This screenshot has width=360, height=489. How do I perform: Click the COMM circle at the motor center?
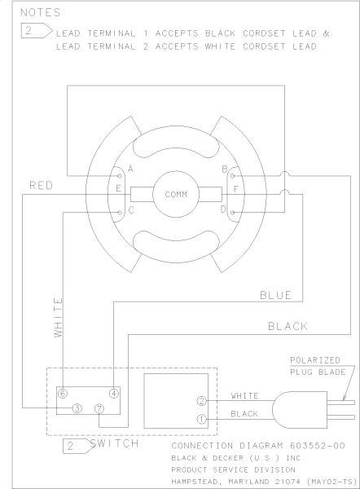pos(176,195)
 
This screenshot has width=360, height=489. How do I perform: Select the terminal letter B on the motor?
pos(222,170)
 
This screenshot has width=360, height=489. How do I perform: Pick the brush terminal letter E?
pos(120,190)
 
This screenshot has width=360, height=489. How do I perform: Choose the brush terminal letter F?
pos(235,190)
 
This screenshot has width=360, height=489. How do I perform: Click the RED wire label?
pos(42,186)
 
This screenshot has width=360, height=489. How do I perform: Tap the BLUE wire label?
pos(274,294)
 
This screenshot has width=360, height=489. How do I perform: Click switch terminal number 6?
pos(62,392)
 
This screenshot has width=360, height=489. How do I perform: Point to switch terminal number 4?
pos(114,392)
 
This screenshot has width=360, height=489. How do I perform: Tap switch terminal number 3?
pos(76,407)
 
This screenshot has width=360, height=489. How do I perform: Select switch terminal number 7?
pos(99,407)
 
